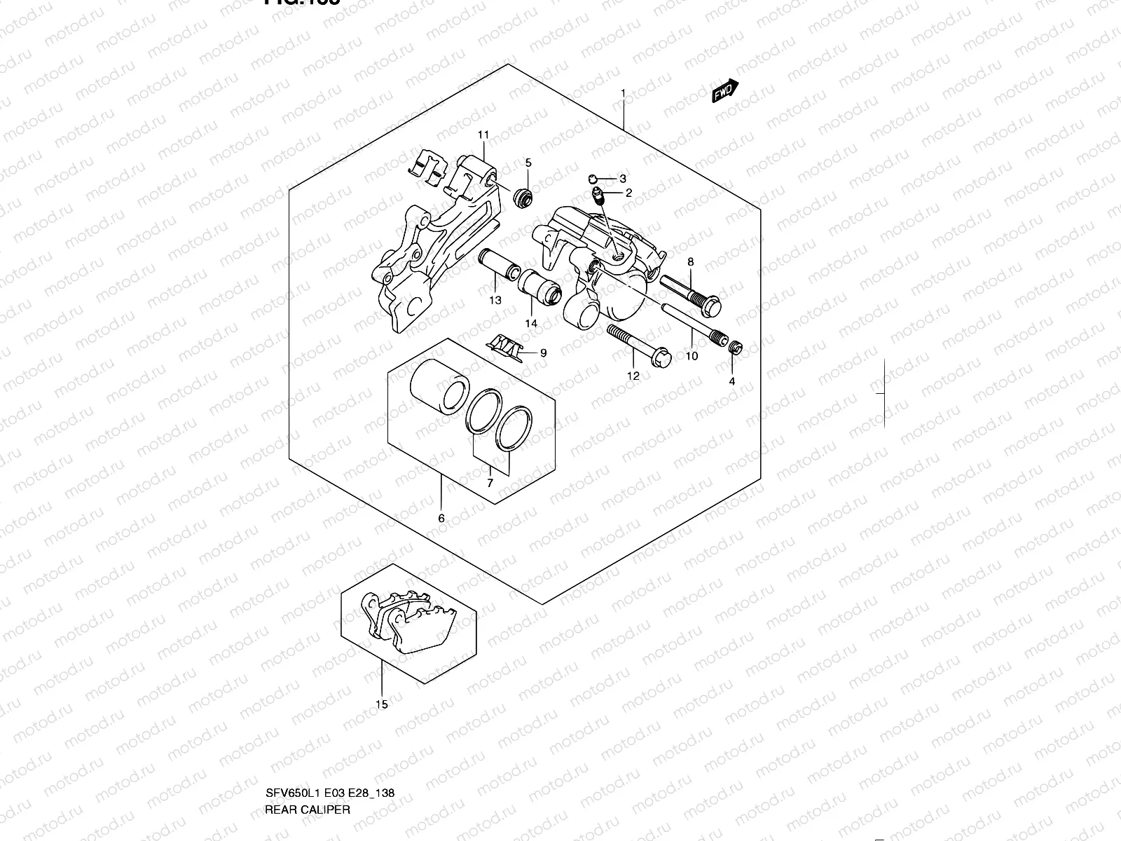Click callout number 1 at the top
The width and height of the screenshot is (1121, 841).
622,93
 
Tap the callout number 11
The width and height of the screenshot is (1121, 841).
483,135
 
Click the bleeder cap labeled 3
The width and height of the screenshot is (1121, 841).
593,179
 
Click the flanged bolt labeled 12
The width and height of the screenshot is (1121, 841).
639,343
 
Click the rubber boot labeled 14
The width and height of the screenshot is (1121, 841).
541,287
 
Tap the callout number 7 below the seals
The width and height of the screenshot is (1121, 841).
490,483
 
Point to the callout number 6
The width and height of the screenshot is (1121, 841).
441,519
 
